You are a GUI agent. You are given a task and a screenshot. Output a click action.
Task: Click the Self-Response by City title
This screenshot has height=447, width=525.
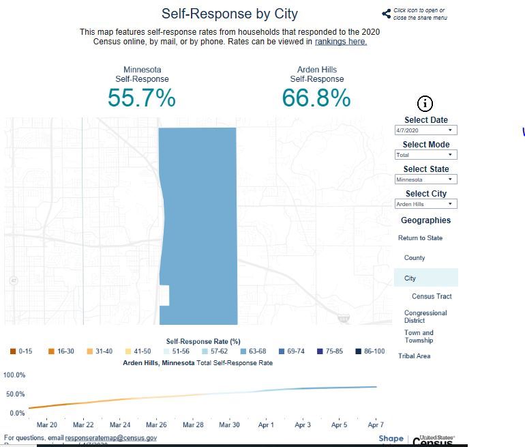(229, 14)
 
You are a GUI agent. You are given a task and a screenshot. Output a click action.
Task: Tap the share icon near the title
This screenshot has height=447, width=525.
(387, 14)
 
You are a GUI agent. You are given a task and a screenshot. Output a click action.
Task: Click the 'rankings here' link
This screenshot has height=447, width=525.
(341, 42)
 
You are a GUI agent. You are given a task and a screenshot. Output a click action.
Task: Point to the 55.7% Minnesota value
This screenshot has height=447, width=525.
(142, 98)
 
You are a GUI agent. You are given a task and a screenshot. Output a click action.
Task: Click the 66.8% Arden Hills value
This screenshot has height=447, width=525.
(316, 98)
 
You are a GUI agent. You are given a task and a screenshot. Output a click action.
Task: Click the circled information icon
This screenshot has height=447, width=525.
(425, 104)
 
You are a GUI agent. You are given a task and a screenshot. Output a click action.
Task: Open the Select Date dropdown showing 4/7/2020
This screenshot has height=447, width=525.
(425, 130)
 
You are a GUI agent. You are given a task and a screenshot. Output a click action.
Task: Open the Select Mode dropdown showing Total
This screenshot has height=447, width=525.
(425, 155)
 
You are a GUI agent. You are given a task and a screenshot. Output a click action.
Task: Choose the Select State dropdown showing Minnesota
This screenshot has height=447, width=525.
(425, 179)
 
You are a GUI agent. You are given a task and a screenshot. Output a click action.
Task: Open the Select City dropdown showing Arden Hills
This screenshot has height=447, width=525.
(425, 204)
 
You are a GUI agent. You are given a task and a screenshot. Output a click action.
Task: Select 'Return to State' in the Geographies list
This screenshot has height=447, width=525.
(420, 238)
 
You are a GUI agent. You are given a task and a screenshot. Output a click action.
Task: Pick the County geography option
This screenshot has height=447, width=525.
(415, 258)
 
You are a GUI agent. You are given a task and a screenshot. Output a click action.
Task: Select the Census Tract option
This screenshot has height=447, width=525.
(432, 296)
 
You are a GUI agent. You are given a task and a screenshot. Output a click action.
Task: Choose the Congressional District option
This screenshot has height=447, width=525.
(425, 317)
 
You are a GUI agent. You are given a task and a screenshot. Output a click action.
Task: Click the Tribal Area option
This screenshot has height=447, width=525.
(415, 356)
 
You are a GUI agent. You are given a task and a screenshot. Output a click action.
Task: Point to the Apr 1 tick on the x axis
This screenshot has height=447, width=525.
(266, 425)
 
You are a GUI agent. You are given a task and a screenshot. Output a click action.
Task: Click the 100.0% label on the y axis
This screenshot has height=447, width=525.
(14, 375)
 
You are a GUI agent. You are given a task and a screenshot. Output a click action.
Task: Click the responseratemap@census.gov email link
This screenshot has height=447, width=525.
(111, 437)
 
